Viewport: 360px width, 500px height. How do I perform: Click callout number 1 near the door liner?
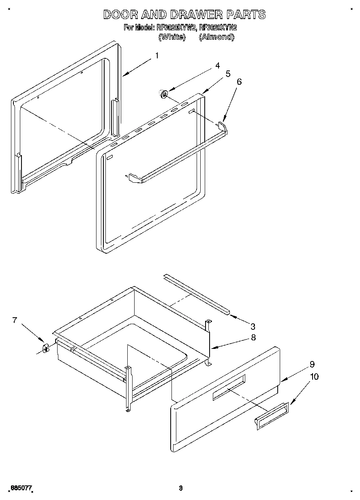pyautogui.click(x=157, y=56)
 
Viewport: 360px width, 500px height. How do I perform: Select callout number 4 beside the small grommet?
pyautogui.click(x=218, y=65)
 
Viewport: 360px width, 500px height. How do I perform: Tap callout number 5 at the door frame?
pyautogui.click(x=228, y=74)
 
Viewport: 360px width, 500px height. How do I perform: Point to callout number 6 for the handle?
pyautogui.click(x=239, y=82)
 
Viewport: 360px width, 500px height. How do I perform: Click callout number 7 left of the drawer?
pyautogui.click(x=15, y=320)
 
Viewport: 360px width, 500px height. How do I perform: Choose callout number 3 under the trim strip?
pyautogui.click(x=253, y=326)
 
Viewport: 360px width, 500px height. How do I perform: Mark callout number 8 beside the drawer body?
pyautogui.click(x=253, y=337)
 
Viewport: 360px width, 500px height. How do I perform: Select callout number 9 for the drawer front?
pyautogui.click(x=312, y=364)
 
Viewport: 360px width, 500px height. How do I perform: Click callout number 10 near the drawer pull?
pyautogui.click(x=314, y=377)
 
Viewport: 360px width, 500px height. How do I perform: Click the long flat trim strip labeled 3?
pyautogui.click(x=197, y=293)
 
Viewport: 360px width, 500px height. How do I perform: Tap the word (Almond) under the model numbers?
pyautogui.click(x=216, y=37)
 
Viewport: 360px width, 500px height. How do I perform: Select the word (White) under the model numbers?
pyautogui.click(x=171, y=37)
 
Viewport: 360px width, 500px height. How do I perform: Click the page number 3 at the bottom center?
pyautogui.click(x=180, y=488)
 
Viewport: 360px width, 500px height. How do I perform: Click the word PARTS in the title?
pyautogui.click(x=246, y=15)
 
